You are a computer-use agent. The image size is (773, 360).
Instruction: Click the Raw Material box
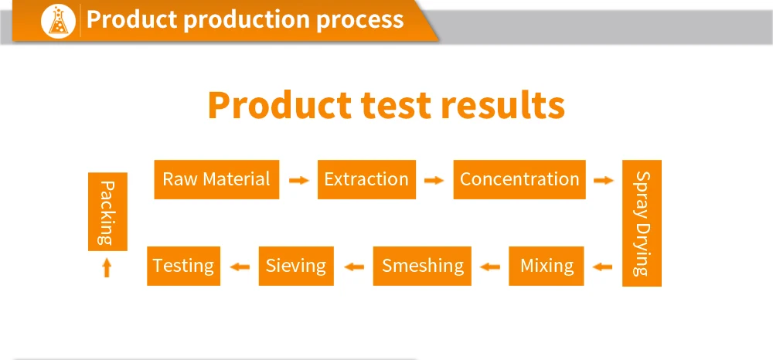(x=216, y=179)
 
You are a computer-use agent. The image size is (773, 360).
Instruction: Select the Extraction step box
(x=366, y=179)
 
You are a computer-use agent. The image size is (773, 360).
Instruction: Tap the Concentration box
(x=519, y=179)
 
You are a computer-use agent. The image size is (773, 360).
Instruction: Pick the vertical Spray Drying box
(x=642, y=223)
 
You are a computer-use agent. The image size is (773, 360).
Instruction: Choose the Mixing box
(x=547, y=266)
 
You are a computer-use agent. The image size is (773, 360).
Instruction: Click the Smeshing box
(x=422, y=266)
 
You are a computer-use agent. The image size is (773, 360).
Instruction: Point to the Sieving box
(x=296, y=266)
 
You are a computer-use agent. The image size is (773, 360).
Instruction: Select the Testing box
(x=183, y=266)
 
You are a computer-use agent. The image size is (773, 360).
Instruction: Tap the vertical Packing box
(x=107, y=212)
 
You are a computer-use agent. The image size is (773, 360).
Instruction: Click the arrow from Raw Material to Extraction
(x=298, y=180)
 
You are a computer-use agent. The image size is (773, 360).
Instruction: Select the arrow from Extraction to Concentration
(x=434, y=180)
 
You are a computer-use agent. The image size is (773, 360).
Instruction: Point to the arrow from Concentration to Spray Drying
(x=604, y=180)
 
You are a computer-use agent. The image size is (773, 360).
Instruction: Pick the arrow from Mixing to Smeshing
(x=490, y=267)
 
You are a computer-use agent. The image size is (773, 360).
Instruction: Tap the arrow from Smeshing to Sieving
(x=354, y=267)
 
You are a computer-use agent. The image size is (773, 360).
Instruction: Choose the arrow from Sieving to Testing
(x=240, y=267)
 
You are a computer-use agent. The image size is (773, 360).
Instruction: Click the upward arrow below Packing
(x=107, y=268)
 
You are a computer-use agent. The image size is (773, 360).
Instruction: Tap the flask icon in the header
(x=58, y=21)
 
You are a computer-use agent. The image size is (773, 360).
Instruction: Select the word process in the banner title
(x=359, y=20)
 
